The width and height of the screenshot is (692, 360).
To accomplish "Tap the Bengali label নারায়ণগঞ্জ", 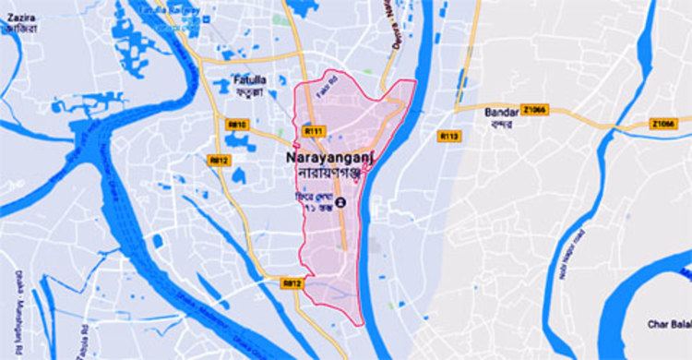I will click(x=324, y=174).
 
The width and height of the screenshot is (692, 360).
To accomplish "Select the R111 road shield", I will click(x=314, y=131).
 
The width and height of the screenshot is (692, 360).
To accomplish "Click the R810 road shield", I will click(x=238, y=124).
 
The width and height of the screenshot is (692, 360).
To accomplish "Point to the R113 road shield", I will click(x=449, y=137).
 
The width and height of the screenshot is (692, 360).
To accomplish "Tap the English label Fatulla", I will click(x=249, y=79).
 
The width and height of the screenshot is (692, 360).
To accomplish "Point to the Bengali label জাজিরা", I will click(x=20, y=30).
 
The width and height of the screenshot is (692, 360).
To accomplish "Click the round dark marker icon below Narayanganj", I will click(x=342, y=203).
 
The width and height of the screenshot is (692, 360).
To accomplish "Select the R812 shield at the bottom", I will click(x=292, y=283).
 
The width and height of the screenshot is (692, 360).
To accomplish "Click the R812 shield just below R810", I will click(x=219, y=161).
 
